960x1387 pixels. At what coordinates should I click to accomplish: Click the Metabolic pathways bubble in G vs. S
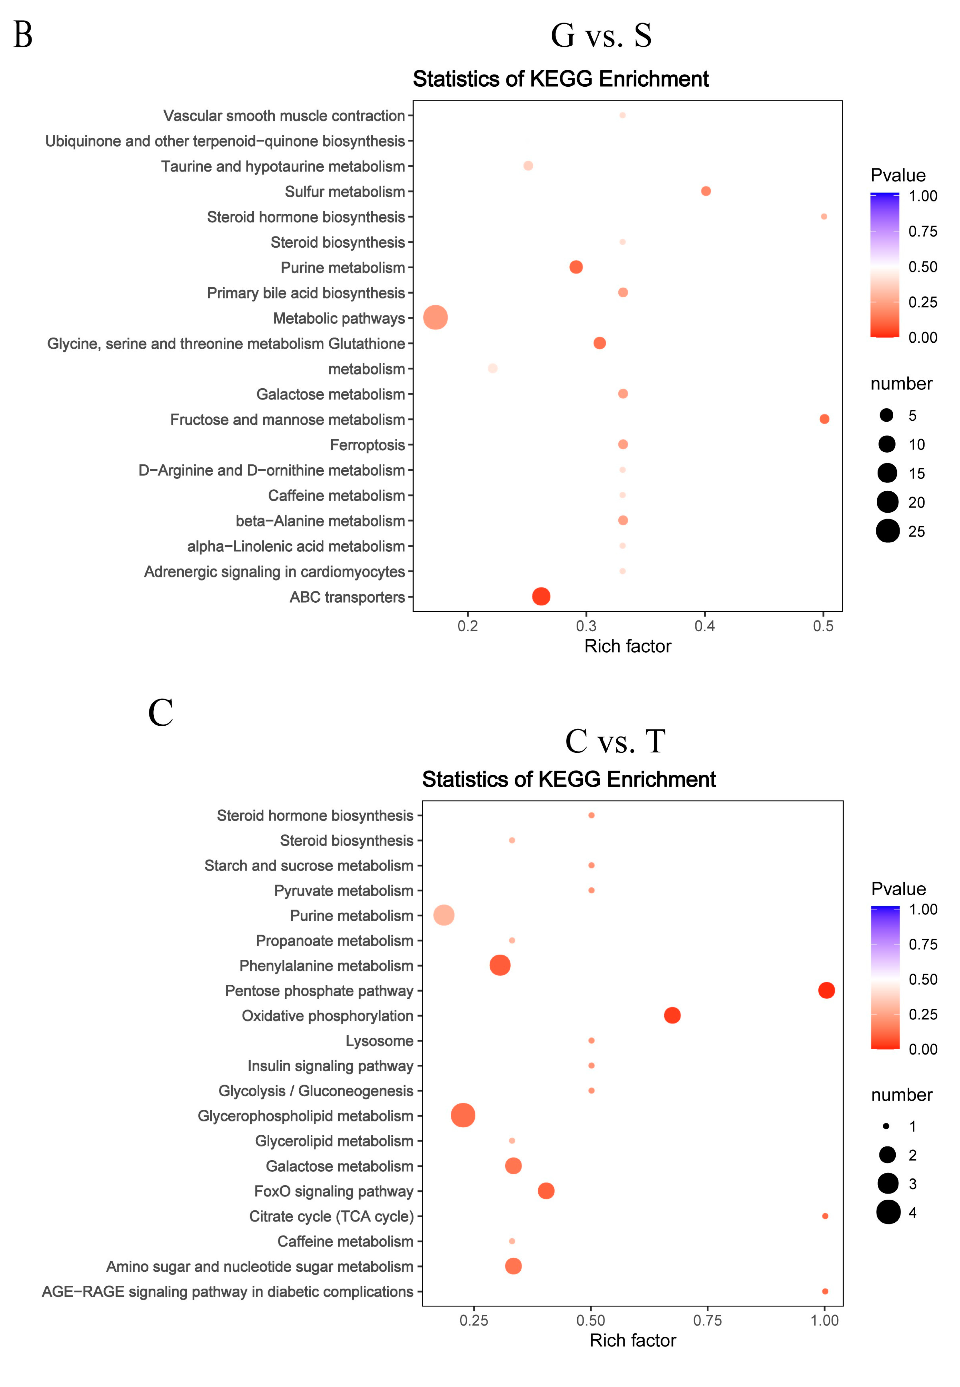pyautogui.click(x=436, y=317)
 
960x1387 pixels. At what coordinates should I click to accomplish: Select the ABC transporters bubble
pyautogui.click(x=541, y=596)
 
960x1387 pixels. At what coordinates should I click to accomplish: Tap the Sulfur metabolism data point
pyautogui.click(x=706, y=191)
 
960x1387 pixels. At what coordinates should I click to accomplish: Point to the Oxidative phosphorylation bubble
pyautogui.click(x=672, y=1015)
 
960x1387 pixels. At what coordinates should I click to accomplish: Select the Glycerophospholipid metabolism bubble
pyautogui.click(x=463, y=1115)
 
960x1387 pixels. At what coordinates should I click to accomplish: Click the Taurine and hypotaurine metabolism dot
pyautogui.click(x=528, y=166)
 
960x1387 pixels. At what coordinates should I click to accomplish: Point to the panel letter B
pyautogui.click(x=23, y=35)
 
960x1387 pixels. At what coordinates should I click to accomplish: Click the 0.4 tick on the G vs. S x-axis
pyautogui.click(x=705, y=626)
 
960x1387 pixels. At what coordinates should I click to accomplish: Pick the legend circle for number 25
pyautogui.click(x=888, y=531)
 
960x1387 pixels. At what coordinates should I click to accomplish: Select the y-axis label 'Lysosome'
pyautogui.click(x=380, y=1041)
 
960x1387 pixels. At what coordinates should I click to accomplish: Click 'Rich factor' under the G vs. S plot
pyautogui.click(x=627, y=646)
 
